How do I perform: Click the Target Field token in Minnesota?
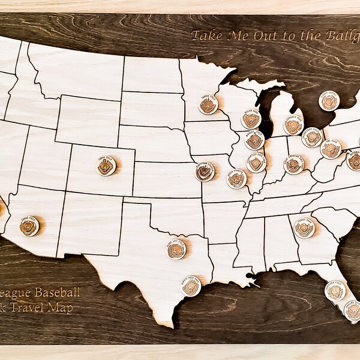coord(208,106)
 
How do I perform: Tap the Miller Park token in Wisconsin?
coord(251,119)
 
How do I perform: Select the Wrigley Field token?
coord(254,141)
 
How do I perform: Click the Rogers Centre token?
coord(329,101)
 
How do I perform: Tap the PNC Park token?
coord(330,149)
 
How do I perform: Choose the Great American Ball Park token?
coord(294,164)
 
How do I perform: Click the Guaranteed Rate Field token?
coord(257,162)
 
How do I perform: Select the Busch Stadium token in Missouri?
coord(236,178)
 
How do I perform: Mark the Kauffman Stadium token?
coord(205,172)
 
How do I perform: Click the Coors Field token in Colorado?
coord(106,166)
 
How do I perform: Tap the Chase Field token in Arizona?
coord(29,226)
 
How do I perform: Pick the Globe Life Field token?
coord(176,249)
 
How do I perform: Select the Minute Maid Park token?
coord(191,286)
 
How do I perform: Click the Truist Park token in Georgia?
coord(305,227)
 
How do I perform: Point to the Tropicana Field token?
coord(336,292)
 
